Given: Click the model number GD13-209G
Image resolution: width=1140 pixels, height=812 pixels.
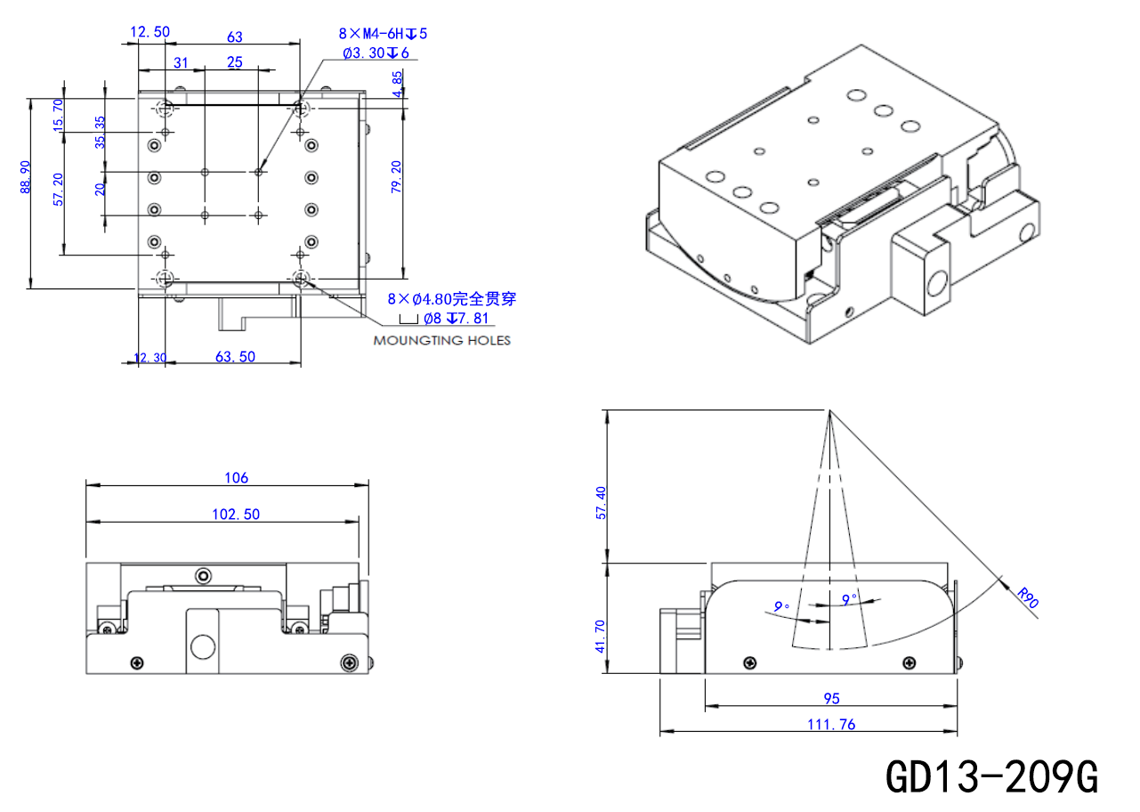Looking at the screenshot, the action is pyautogui.click(x=991, y=777).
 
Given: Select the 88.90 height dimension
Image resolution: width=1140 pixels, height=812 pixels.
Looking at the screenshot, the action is pyautogui.click(x=26, y=177).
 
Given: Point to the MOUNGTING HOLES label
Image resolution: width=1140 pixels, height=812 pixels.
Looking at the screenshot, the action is pyautogui.click(x=441, y=341).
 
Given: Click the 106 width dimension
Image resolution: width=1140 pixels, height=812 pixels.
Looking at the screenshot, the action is pyautogui.click(x=236, y=477).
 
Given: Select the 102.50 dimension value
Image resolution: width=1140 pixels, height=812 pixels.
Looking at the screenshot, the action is pyautogui.click(x=236, y=515).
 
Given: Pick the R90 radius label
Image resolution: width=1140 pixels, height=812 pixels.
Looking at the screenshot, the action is pyautogui.click(x=1028, y=598).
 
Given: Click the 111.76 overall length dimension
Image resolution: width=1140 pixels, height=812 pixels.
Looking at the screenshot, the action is pyautogui.click(x=831, y=725).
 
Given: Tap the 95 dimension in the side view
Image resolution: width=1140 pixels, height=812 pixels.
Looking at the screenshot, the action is pyautogui.click(x=831, y=698).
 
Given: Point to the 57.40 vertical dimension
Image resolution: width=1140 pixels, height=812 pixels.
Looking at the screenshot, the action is pyautogui.click(x=601, y=503).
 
